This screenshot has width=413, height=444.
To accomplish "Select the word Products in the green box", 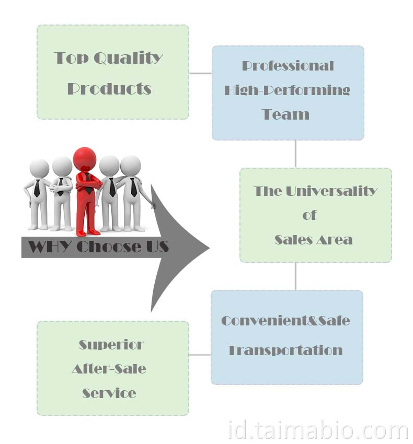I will coord(109,88).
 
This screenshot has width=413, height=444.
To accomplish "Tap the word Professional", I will coord(288,66).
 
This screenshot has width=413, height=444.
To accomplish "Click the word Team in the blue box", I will coord(285,114).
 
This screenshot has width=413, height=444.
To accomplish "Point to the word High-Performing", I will coord(288,90).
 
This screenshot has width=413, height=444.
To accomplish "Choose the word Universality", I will coord(331,191).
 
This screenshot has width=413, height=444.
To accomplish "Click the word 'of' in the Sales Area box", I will coord(309,215).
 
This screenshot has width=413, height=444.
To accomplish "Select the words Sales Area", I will coord(313,240).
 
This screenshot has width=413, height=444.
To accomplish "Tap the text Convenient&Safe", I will coord(285,320).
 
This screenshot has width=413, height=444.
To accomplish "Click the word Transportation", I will coord(285,350).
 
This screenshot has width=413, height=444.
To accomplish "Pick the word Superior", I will coord(111,345).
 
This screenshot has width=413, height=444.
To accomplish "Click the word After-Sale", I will coord(109,369).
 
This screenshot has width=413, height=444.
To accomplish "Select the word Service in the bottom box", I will coord(109,393).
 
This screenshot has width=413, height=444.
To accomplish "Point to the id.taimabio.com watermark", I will coord(318,431).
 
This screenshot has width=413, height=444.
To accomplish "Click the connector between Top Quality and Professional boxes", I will coord(200,73).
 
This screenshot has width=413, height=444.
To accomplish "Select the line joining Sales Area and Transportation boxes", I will coord(296,276).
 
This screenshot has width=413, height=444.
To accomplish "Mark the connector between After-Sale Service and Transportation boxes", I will coord(200,355).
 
